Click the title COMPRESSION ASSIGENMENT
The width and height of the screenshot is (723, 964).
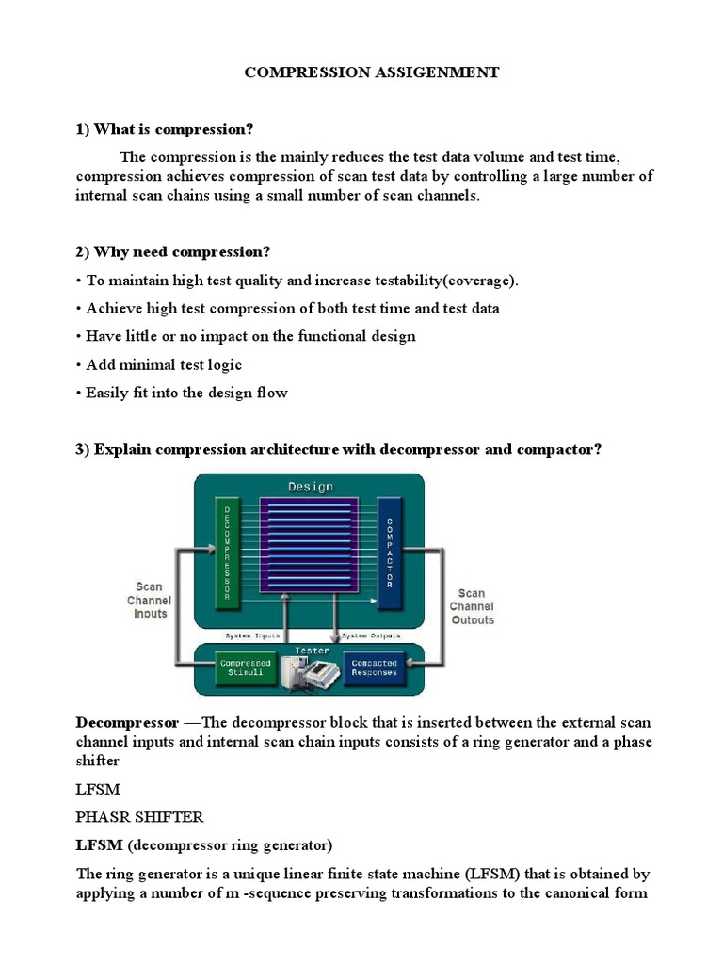coord(372,72)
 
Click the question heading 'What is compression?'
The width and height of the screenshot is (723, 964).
coord(173,129)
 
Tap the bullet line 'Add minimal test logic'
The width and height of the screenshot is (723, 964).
coord(164,364)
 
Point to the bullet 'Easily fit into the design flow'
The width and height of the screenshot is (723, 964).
coord(186,393)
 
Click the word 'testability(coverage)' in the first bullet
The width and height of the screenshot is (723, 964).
coord(440,281)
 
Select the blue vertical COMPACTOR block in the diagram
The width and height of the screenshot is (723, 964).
coord(389,552)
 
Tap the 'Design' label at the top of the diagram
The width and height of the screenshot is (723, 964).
coord(310,486)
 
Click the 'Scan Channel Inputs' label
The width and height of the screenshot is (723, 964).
coord(148,600)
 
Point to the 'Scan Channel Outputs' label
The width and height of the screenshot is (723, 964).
coord(471,606)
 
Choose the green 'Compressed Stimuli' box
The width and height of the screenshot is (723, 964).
coord(246,667)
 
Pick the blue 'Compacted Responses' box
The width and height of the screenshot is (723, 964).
coord(374,667)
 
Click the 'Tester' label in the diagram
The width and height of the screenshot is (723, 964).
coord(310,649)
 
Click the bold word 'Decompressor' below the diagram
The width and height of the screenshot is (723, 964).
coord(127,723)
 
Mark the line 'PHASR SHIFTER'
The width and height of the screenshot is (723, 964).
coord(139,816)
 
